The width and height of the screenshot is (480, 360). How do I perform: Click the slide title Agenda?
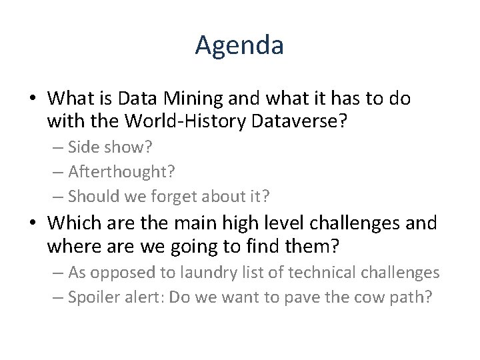240,45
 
